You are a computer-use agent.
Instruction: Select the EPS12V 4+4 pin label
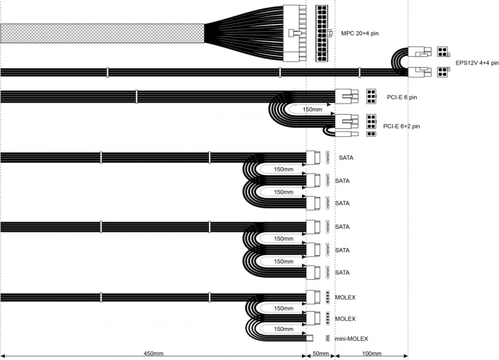[476, 62]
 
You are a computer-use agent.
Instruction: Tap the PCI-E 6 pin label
[402, 97]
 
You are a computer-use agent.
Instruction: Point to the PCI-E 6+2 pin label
[402, 126]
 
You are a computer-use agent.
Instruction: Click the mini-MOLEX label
[352, 339]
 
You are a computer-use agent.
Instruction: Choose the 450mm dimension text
[153, 353]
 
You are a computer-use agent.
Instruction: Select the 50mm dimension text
[320, 353]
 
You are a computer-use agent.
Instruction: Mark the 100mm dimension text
[371, 353]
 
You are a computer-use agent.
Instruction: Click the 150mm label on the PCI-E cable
[313, 110]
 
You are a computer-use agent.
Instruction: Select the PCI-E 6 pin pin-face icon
[371, 96]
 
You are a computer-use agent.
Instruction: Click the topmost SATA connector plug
[315, 157]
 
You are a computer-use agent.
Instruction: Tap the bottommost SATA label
[342, 273]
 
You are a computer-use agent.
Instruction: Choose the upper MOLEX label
[345, 297]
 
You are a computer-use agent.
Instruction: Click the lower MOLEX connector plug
[315, 318]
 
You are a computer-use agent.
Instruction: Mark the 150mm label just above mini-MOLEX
[284, 329]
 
